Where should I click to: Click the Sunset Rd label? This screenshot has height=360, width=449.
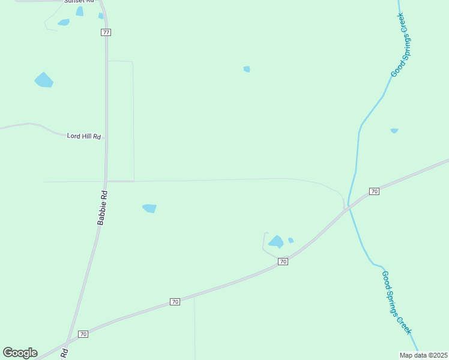[x=80, y=2]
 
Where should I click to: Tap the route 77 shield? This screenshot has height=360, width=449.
[x=106, y=32]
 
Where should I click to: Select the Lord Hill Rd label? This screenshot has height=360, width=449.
[x=83, y=136]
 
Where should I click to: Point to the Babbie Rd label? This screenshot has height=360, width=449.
[x=103, y=208]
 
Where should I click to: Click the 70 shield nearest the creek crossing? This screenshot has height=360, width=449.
[x=375, y=191]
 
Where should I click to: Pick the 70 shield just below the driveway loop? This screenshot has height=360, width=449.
[x=283, y=262]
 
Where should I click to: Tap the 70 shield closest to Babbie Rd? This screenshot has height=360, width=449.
[x=83, y=334]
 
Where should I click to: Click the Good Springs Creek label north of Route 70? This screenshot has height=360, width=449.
[x=399, y=51]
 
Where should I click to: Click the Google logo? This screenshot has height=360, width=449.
[x=20, y=353]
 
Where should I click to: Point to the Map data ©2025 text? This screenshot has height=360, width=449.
[x=424, y=355]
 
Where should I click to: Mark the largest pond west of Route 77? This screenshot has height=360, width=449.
[x=44, y=80]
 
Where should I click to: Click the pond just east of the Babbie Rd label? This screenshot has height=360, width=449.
[x=149, y=208]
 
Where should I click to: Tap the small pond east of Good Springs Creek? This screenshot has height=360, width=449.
[x=394, y=130]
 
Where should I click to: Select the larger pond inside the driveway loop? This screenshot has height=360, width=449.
[x=276, y=242]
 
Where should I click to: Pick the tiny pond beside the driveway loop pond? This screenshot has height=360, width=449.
[x=291, y=241]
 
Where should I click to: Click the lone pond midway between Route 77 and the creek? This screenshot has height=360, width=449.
[x=247, y=69]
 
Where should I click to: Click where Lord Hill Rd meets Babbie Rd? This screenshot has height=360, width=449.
[x=106, y=138]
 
